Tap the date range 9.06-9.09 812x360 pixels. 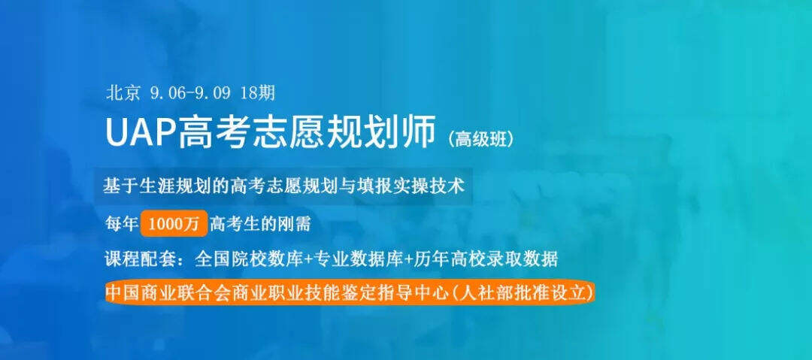189,93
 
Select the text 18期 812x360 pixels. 258,93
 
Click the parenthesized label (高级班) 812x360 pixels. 482,138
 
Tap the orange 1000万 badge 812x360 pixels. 174,224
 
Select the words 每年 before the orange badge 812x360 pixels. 121,224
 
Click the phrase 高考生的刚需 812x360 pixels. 260,224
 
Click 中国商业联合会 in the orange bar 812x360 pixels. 162,292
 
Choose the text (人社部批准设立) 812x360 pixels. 523,292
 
